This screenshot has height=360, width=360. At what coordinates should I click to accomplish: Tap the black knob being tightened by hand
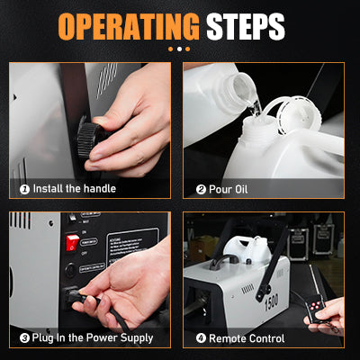(91, 142)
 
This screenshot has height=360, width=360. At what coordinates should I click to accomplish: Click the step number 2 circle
(201, 189)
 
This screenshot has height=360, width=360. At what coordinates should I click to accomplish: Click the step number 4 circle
(201, 338)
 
